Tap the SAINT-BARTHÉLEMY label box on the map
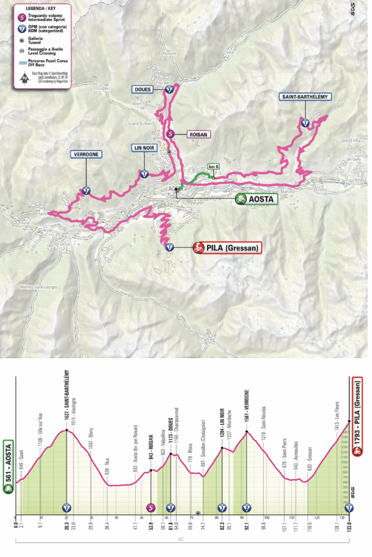pyautogui.click(x=306, y=97)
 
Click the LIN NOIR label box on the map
pyautogui.click(x=144, y=147)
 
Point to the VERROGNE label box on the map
pyautogui.click(x=86, y=154)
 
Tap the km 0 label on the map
pyautogui.click(x=214, y=166)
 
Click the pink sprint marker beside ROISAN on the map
pyautogui.click(x=170, y=133)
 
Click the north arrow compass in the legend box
pyautogui.click(x=23, y=79)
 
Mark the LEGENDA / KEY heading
pyautogui.click(x=41, y=8)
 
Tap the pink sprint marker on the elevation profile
pyautogui.click(x=151, y=508)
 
